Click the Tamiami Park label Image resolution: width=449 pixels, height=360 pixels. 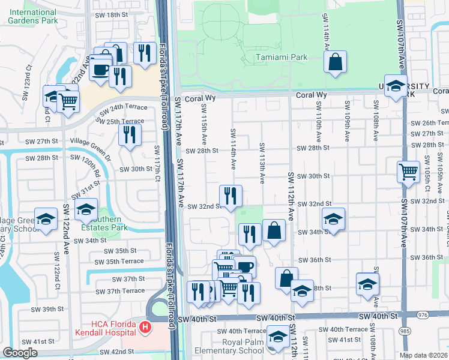point(281,57)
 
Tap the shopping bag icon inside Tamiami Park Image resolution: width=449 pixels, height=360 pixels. point(335,62)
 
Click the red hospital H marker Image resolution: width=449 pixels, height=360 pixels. point(144,328)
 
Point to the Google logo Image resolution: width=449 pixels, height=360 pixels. point(20,353)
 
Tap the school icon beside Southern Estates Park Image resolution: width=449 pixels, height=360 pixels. point(86,211)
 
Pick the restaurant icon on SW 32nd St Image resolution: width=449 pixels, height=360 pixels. point(231,195)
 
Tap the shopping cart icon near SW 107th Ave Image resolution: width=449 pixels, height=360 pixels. point(408,172)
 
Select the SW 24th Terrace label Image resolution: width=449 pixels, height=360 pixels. point(122,110)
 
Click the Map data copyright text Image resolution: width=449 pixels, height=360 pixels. point(423,355)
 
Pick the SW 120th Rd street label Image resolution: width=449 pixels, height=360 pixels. point(91,172)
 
